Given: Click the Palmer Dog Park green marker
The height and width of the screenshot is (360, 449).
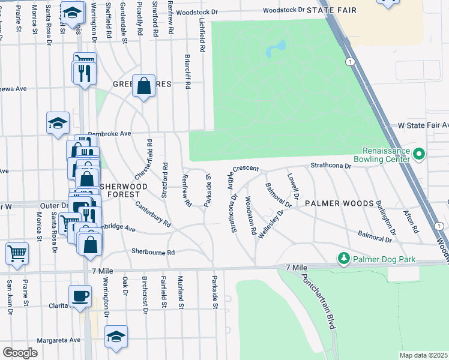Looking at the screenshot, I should (x=343, y=259).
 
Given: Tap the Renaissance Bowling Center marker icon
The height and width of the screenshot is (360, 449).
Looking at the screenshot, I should (x=420, y=155).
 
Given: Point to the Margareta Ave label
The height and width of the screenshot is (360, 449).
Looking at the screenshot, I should (x=59, y=340).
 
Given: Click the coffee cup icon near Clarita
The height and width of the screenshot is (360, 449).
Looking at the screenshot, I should (x=80, y=295).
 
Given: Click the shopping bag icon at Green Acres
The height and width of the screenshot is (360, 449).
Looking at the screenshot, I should (x=144, y=86).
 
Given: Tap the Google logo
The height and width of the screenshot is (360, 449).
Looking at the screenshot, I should (x=20, y=353).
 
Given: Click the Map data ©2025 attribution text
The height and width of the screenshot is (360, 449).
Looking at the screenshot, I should (x=423, y=355).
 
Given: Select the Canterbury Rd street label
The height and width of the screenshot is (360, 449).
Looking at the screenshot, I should (x=153, y=216).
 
